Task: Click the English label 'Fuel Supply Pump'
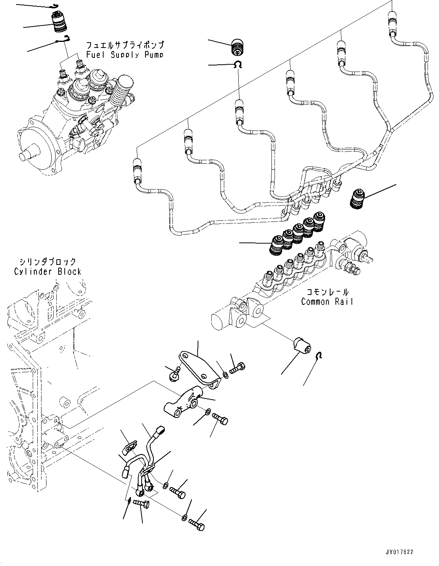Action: [125, 54]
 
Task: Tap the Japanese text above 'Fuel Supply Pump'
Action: [125, 45]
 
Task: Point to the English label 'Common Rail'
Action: [327, 302]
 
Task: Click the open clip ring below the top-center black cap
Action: [239, 65]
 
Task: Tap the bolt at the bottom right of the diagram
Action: [196, 525]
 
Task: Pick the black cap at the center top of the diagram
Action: [238, 47]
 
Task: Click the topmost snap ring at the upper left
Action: [55, 6]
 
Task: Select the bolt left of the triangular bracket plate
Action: [174, 375]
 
